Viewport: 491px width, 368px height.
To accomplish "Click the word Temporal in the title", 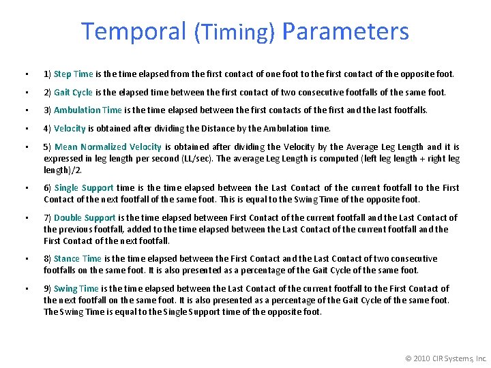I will click(134, 31).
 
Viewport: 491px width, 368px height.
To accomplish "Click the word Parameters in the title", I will click(345, 31).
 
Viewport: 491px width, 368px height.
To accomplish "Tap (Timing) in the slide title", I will click(235, 33).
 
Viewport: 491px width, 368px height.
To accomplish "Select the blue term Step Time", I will click(74, 74).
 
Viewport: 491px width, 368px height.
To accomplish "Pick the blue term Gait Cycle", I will click(73, 92).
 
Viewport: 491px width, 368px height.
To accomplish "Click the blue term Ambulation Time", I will click(88, 110).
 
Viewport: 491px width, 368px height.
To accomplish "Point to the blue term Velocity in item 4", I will click(70, 128).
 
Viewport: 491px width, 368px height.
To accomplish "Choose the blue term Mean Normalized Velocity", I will click(108, 147).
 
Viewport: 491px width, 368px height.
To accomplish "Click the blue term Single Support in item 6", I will click(84, 187).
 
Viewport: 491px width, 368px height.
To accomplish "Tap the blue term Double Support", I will click(85, 217).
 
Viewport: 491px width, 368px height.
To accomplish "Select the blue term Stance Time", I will click(78, 258).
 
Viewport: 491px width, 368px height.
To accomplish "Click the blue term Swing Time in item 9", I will click(76, 288).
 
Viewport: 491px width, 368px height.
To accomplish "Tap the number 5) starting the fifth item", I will click(48, 147).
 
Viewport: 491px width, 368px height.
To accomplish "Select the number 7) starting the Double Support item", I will click(48, 217).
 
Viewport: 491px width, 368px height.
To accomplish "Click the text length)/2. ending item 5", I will click(63, 170).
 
